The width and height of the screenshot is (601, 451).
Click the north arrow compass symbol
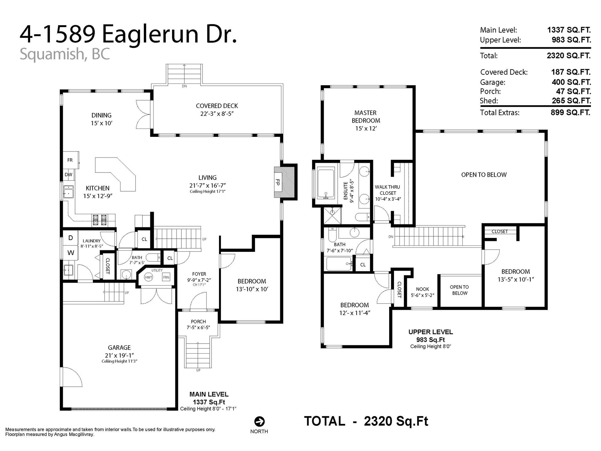[259, 421]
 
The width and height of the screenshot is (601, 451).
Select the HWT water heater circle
[148, 277]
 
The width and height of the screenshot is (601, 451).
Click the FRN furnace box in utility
[166, 277]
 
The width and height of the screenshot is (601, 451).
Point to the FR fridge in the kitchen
[70, 160]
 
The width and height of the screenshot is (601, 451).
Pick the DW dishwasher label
[68, 175]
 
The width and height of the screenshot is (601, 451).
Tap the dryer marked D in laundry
[70, 238]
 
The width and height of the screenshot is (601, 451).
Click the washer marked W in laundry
[71, 253]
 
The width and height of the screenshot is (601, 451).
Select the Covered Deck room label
[217, 106]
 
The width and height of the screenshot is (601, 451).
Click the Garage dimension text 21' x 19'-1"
[119, 355]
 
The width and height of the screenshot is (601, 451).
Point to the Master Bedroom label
[365, 117]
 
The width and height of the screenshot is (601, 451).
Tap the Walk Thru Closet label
[387, 190]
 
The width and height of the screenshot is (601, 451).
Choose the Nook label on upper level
[423, 289]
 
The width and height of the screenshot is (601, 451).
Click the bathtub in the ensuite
[326, 184]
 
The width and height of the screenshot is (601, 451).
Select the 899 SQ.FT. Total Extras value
[570, 112]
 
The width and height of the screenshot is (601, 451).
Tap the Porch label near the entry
[198, 321]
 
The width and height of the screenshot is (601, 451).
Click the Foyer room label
[199, 274]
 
